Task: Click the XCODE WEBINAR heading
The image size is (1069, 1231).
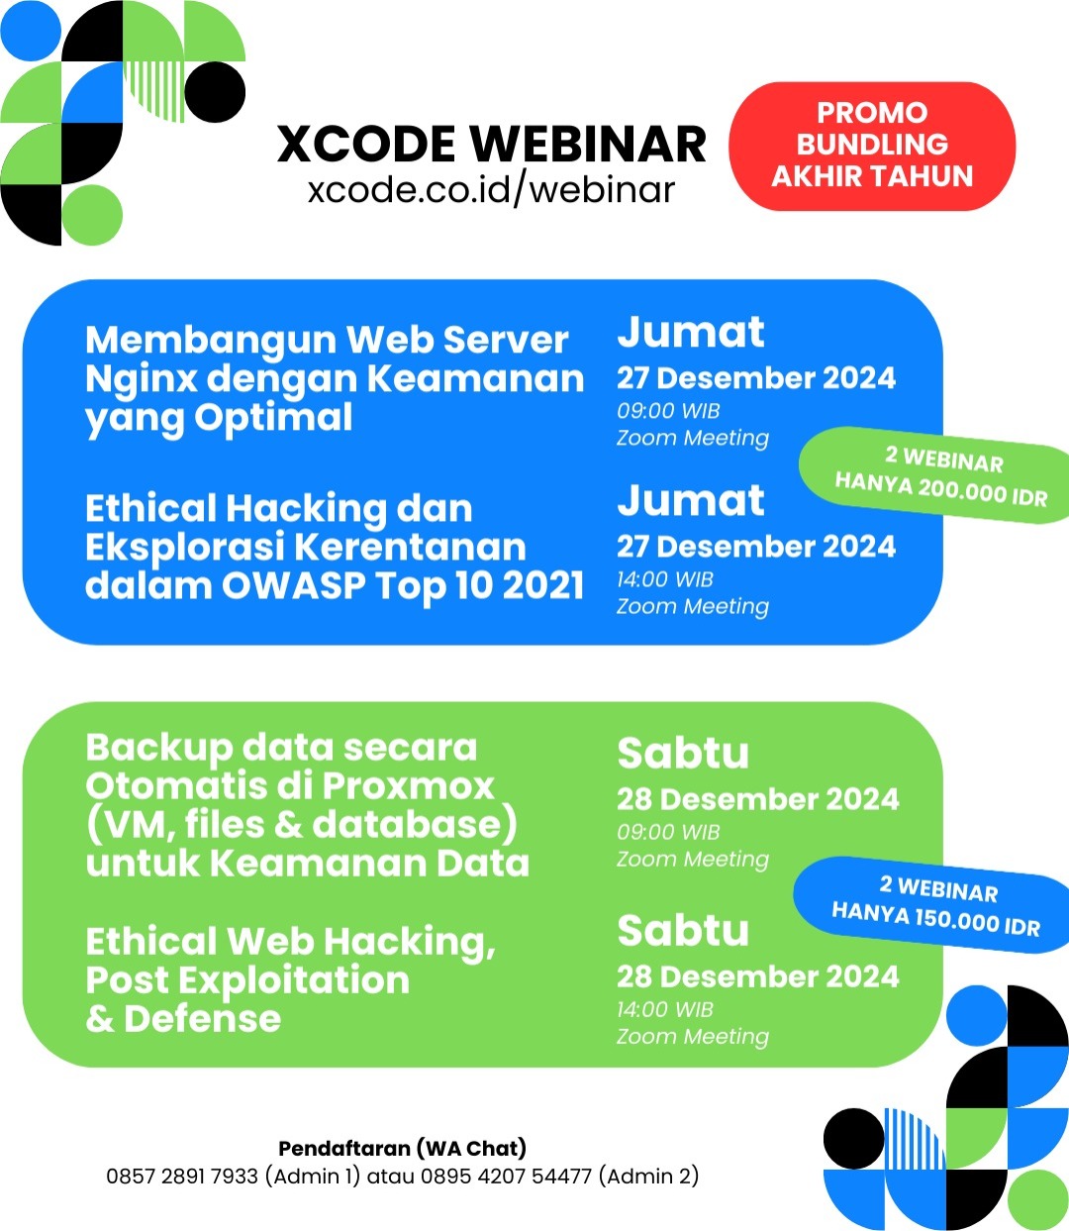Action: pyautogui.click(x=491, y=145)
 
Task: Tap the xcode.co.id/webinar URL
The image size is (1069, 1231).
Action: pyautogui.click(x=491, y=190)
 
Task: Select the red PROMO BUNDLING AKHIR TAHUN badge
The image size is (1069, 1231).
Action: pyautogui.click(x=872, y=146)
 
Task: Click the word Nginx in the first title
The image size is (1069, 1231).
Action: pyautogui.click(x=142, y=379)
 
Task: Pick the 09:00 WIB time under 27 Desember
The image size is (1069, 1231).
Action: pyautogui.click(x=668, y=411)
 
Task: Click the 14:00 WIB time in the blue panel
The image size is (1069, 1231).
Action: pyautogui.click(x=665, y=579)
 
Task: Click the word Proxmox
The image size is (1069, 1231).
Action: pyautogui.click(x=411, y=785)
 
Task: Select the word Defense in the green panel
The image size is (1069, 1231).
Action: pyautogui.click(x=203, y=1019)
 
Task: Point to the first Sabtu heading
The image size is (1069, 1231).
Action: pyautogui.click(x=683, y=753)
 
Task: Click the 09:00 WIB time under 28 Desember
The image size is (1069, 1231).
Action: pyautogui.click(x=668, y=832)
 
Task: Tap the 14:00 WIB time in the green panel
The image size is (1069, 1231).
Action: pyautogui.click(x=665, y=1009)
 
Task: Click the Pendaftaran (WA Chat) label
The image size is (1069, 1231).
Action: pyautogui.click(x=402, y=1149)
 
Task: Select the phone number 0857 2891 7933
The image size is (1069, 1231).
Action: pyautogui.click(x=182, y=1177)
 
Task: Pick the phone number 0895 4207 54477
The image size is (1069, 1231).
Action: pyautogui.click(x=506, y=1177)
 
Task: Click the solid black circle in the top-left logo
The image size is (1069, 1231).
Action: pyautogui.click(x=215, y=92)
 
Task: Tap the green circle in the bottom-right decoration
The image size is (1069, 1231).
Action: pyautogui.click(x=1037, y=1199)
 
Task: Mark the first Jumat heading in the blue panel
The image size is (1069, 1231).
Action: pyautogui.click(x=691, y=332)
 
